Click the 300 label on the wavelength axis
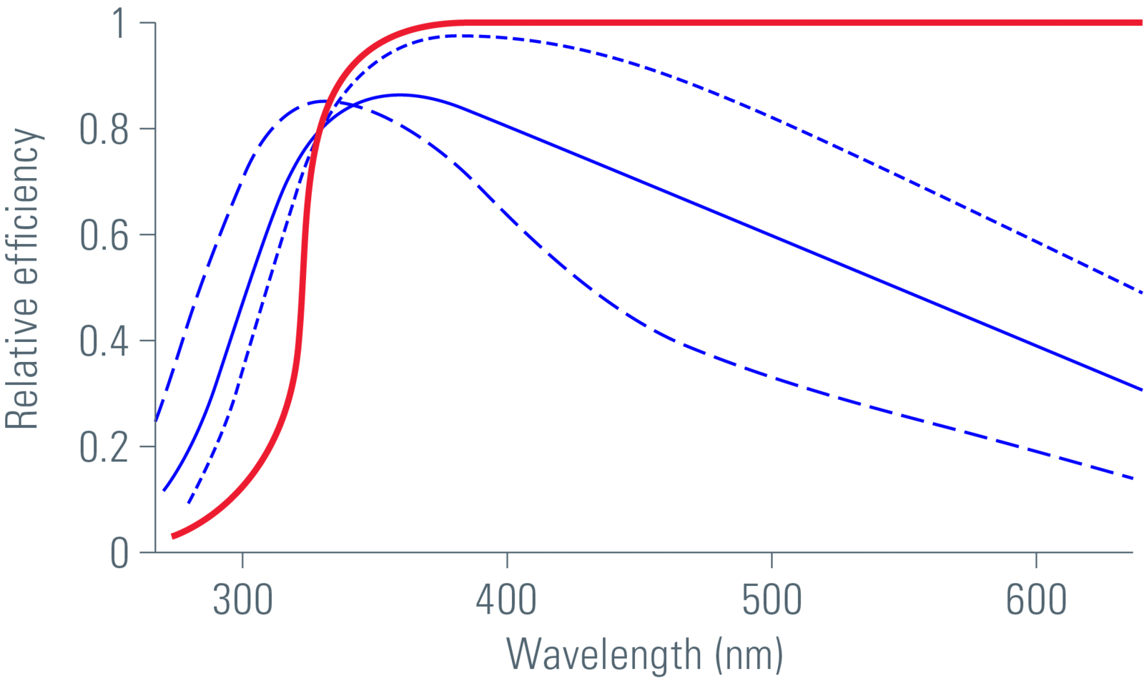pos(242,600)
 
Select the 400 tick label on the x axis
pos(506,600)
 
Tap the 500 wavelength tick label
pos(771,600)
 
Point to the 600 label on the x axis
pos(1036,600)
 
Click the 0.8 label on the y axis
pos(104,129)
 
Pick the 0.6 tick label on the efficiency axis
pos(104,235)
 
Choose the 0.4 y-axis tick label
pos(104,341)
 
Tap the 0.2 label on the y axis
pos(104,447)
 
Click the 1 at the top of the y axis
pos(119,24)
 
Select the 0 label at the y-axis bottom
pos(119,553)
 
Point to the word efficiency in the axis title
pos(22,207)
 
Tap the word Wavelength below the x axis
pos(603,655)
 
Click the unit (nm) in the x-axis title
pos(749,655)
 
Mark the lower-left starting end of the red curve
pos(173,536)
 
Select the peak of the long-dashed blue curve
pos(323,102)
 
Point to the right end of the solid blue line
pos(1141,390)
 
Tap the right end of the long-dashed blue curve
pos(1133,478)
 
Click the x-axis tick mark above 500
pos(771,557)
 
